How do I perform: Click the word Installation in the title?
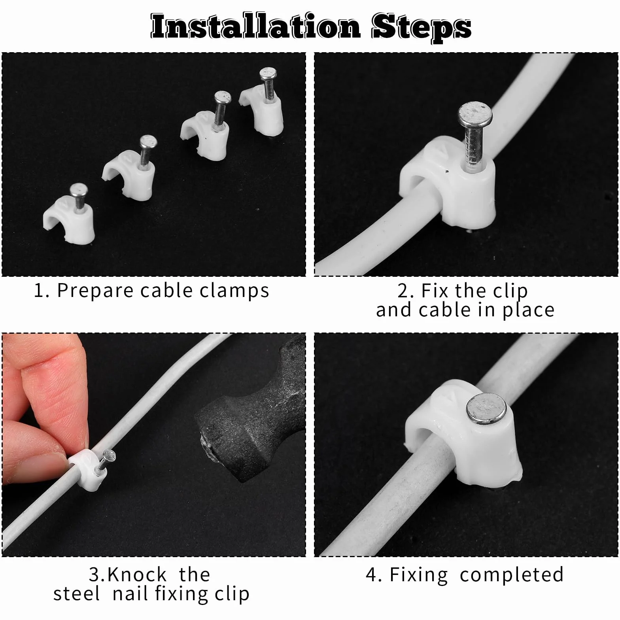pyautogui.click(x=255, y=26)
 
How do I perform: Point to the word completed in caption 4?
pyautogui.click(x=512, y=575)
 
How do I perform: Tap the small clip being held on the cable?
pyautogui.click(x=87, y=469)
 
